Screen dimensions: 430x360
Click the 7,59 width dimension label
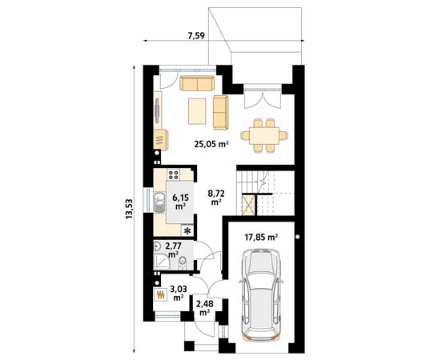pos(196,36)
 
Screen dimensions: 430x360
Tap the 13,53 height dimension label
pos(129,209)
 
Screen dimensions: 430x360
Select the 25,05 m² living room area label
pos(211,144)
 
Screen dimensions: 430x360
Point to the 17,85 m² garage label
pos(261,238)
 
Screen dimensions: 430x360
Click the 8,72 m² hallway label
pos(216,198)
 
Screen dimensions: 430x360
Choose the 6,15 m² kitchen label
pos(180,201)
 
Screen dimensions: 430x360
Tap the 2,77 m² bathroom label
pos(173,250)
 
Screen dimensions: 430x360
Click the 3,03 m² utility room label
pos(179,293)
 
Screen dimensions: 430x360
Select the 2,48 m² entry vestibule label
pos(205,308)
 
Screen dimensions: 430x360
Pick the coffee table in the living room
pos(197,111)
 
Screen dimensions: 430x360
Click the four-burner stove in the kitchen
pos(173,174)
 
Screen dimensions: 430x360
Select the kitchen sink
pos(159,202)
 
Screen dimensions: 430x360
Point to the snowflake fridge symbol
pos(188,231)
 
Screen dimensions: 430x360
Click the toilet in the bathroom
pos(183,262)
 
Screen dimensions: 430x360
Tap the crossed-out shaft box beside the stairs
pos(248,204)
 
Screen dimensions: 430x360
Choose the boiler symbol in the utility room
pos(160,294)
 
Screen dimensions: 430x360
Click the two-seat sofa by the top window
pos(197,83)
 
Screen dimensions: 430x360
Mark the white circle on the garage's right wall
pos(298,237)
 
